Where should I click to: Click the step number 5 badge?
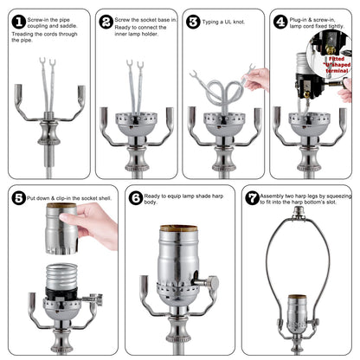tap(16, 197)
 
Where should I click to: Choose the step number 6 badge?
tap(136, 197)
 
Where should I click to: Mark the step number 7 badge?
tap(251, 197)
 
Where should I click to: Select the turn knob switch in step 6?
tap(206, 282)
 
